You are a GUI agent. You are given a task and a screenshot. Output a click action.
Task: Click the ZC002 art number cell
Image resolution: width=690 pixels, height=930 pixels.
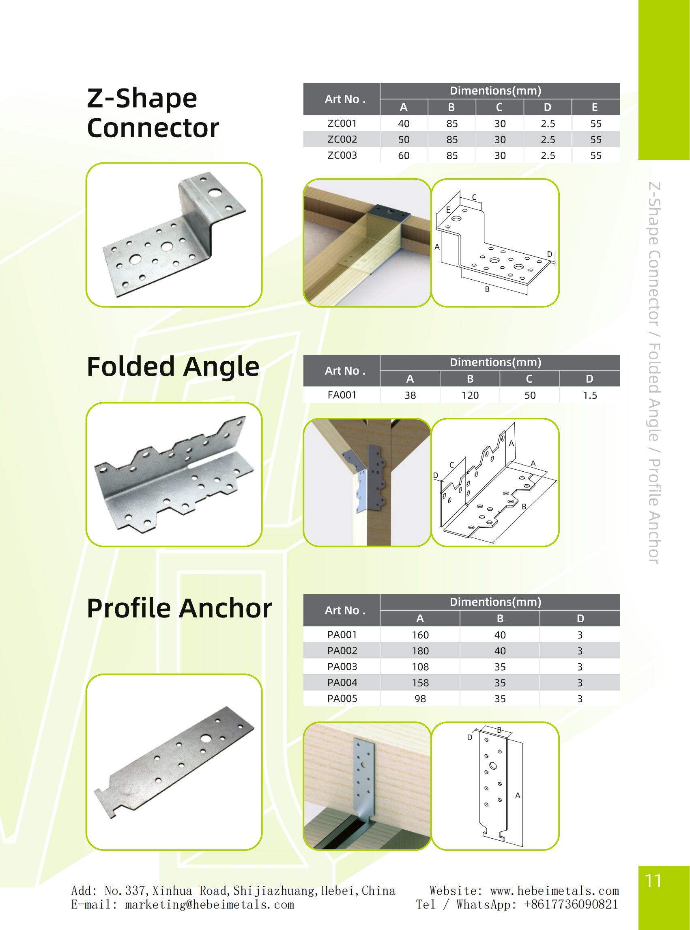click(342, 139)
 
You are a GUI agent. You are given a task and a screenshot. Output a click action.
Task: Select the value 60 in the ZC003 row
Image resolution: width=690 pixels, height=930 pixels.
click(404, 155)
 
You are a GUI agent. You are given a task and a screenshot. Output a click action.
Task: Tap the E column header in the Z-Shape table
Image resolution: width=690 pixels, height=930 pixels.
click(595, 108)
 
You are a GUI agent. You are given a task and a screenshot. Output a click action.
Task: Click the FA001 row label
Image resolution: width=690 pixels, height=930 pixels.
click(342, 395)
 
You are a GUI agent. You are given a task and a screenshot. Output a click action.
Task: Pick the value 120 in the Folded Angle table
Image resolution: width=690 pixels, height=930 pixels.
click(470, 395)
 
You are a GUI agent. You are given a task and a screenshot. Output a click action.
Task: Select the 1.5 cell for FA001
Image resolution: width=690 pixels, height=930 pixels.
click(590, 395)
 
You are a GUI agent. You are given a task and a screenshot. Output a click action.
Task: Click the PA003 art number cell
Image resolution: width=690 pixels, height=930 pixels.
click(342, 667)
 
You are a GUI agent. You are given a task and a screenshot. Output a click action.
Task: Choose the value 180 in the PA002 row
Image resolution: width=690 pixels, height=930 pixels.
click(420, 651)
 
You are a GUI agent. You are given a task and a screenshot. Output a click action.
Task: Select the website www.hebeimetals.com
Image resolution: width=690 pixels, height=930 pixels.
click(555, 891)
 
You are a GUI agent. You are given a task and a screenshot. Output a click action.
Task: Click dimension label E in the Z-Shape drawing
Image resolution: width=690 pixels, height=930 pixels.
click(448, 210)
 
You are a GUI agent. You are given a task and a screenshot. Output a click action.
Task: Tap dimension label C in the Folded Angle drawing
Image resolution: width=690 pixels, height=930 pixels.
click(451, 465)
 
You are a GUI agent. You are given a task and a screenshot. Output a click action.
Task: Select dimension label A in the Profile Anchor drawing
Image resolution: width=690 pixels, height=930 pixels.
click(518, 796)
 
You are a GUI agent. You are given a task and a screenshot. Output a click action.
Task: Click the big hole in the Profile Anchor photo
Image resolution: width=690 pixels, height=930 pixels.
click(206, 738)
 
